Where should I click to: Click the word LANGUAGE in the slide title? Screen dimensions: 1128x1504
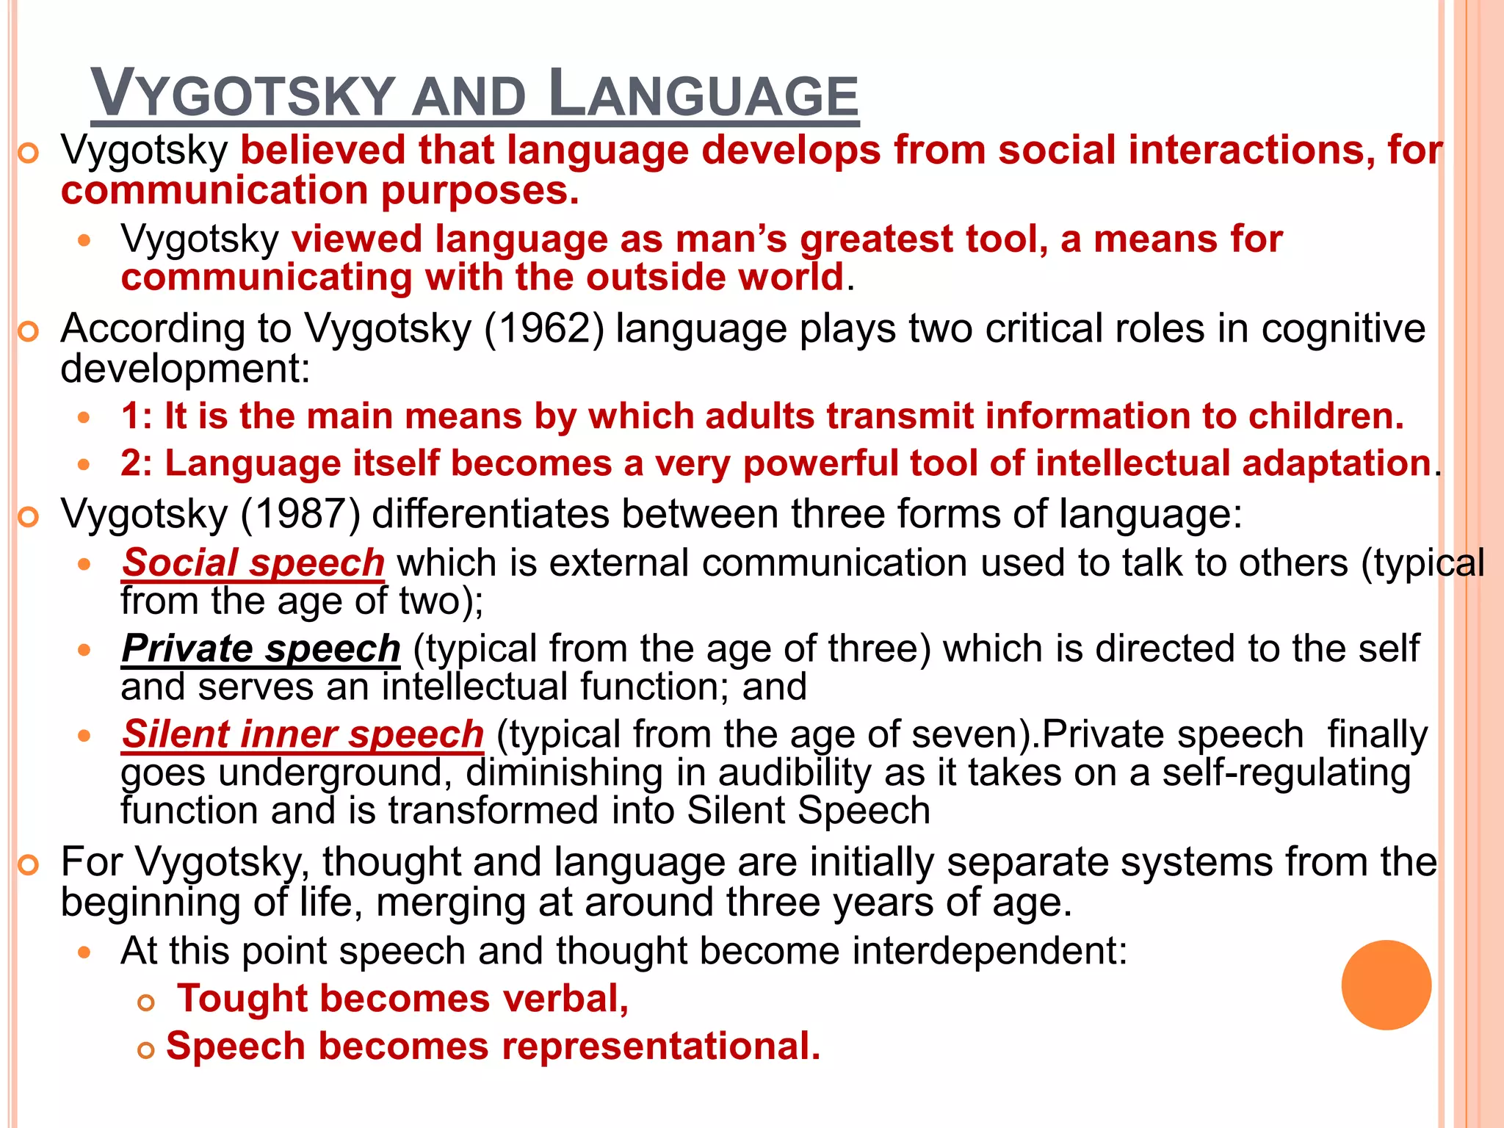pyautogui.click(x=703, y=94)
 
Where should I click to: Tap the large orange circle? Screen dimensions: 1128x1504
pyautogui.click(x=1386, y=985)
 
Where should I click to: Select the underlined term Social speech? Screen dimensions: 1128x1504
pyautogui.click(x=253, y=563)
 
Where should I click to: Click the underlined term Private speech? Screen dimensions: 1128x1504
pyautogui.click(x=261, y=649)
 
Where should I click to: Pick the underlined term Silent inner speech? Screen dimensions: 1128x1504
pyautogui.click(x=303, y=734)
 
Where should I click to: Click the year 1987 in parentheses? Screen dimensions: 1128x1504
pyautogui.click(x=300, y=513)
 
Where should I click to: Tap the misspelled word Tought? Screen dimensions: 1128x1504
pyautogui.click(x=242, y=999)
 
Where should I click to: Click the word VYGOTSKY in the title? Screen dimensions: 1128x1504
pyautogui.click(x=243, y=94)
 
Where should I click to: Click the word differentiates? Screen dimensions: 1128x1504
pyautogui.click(x=491, y=513)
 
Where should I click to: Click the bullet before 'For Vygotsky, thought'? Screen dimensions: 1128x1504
pyautogui.click(x=28, y=866)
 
